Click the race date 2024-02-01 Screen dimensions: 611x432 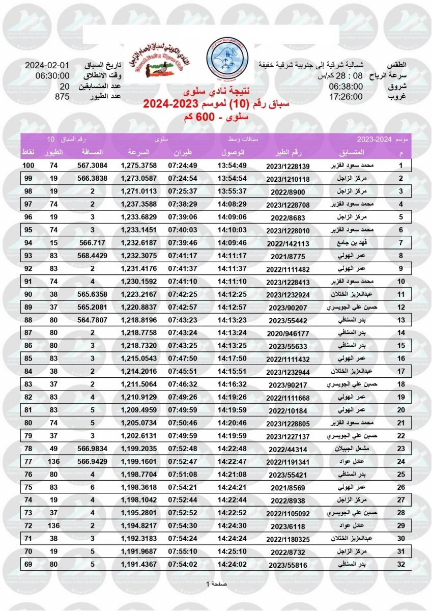point(47,66)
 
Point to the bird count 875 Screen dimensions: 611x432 point(62,96)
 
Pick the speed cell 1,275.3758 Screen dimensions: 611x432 point(139,165)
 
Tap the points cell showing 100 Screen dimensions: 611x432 point(27,165)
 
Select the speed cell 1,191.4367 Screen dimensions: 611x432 point(139,564)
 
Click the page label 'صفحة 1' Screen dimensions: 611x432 point(216,584)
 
